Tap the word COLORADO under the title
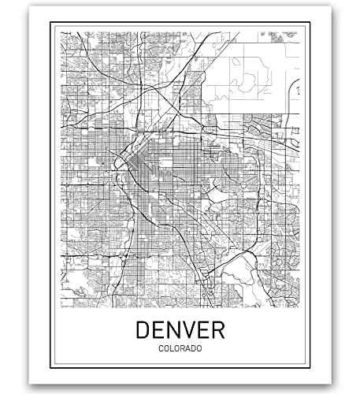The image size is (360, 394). click(x=180, y=348)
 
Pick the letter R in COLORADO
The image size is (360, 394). click(x=180, y=348)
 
